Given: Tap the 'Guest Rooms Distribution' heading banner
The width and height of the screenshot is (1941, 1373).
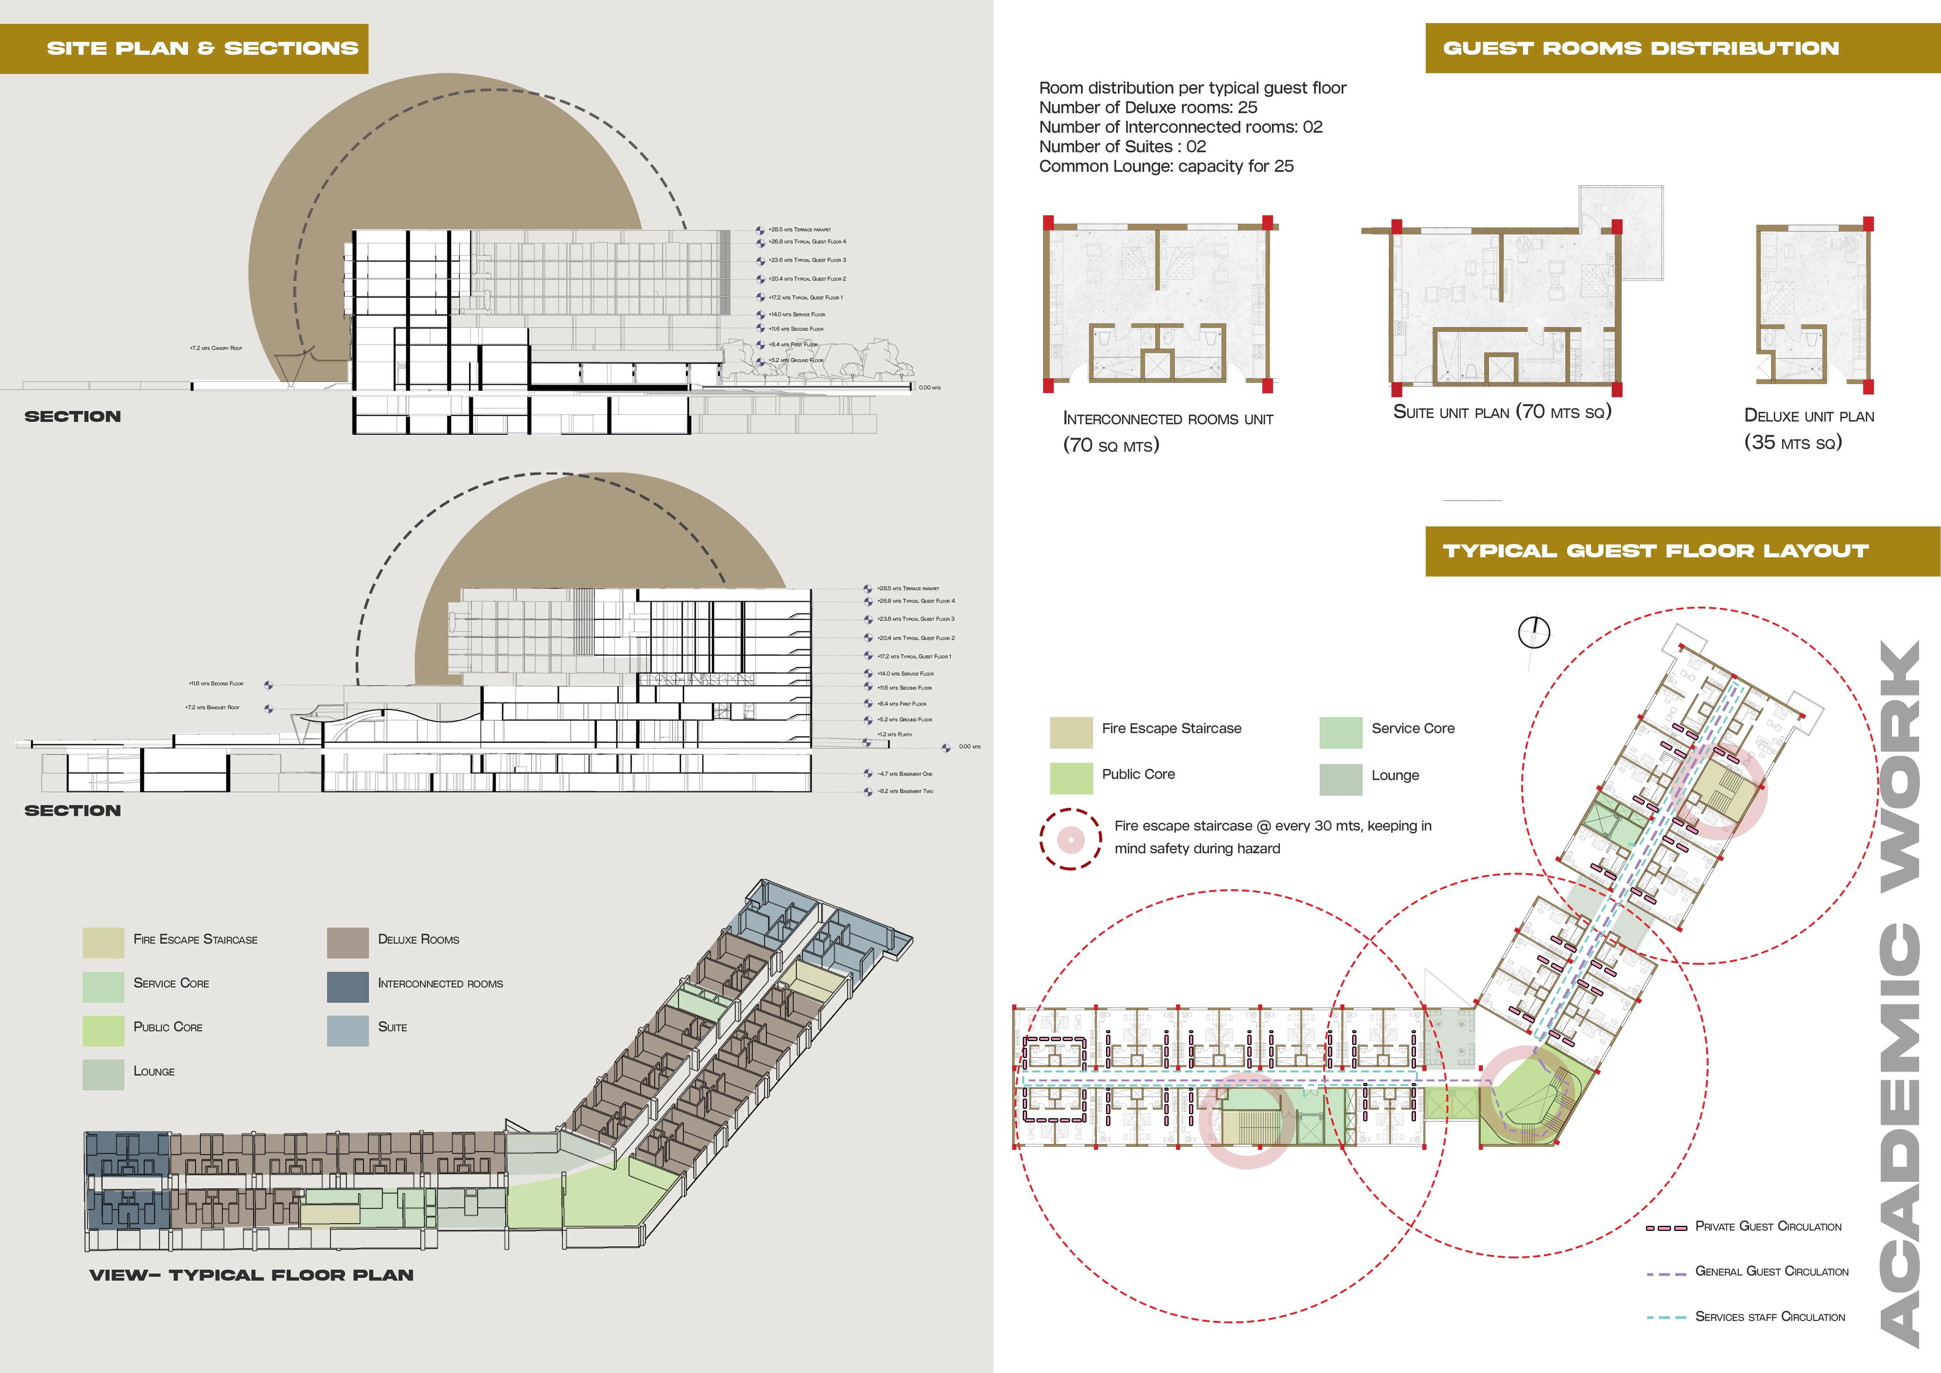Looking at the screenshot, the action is pyautogui.click(x=1640, y=48).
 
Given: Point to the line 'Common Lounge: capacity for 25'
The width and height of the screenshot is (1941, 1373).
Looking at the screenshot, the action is pyautogui.click(x=1166, y=166).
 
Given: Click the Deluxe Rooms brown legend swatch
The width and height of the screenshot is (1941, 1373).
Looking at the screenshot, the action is pyautogui.click(x=347, y=942).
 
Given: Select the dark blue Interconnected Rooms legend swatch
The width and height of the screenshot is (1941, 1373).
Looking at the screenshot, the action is pyautogui.click(x=347, y=986).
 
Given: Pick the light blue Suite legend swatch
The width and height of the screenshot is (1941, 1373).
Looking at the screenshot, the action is pyautogui.click(x=347, y=1030).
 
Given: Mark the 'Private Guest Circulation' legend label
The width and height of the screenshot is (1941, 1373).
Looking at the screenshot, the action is pyautogui.click(x=1768, y=1227).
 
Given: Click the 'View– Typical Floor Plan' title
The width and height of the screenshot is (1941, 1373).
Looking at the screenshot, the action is pyautogui.click(x=251, y=1275).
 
